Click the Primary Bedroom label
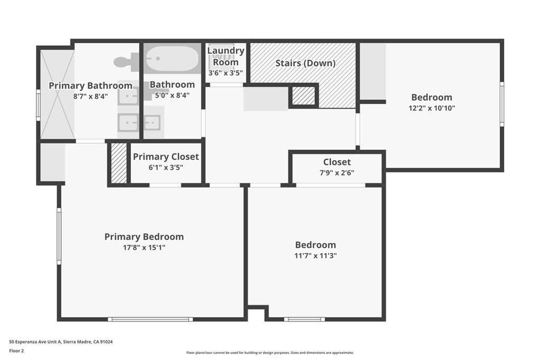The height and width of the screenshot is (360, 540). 144,237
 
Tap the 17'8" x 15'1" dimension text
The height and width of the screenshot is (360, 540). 144,247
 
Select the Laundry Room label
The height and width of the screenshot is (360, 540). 226,56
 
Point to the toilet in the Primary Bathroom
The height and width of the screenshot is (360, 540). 126,62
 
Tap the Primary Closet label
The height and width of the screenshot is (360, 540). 166,157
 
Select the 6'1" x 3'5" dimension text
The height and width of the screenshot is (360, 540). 166,168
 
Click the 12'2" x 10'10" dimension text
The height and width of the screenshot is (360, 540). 431,108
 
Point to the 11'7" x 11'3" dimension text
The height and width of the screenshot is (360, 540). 315,256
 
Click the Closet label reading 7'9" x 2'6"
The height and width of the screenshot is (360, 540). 337,162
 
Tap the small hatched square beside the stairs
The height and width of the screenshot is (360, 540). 303,95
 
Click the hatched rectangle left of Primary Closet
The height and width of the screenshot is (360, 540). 119,163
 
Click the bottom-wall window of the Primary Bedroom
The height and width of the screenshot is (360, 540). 150,319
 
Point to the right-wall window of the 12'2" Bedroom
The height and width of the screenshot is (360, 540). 502,104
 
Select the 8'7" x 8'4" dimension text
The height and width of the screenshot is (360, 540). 90,96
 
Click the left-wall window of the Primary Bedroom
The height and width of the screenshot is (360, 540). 59,236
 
